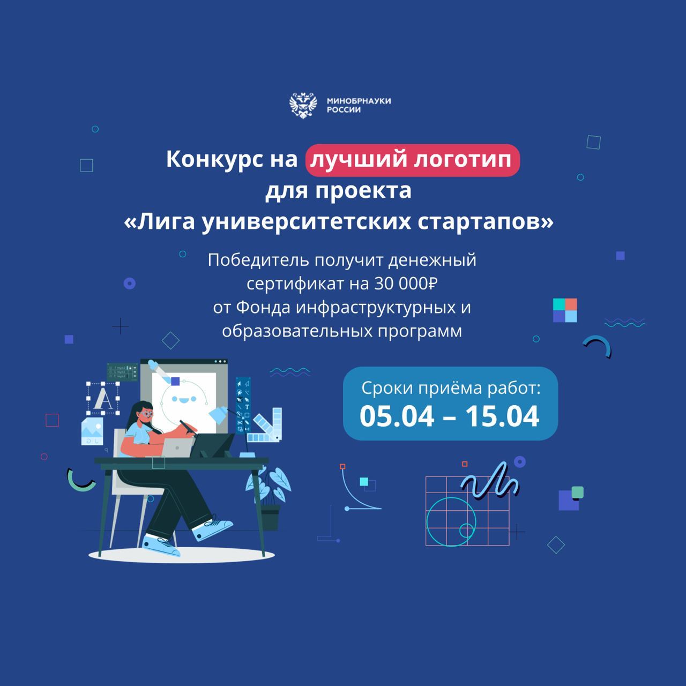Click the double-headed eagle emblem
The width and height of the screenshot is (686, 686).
click(x=303, y=106)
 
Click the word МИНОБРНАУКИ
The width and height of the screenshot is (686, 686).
click(x=359, y=101)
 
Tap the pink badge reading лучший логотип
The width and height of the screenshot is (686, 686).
click(x=412, y=160)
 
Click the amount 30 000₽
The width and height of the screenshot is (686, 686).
click(x=406, y=284)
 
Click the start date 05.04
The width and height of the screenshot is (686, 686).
click(x=397, y=416)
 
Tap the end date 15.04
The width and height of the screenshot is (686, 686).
click(x=502, y=416)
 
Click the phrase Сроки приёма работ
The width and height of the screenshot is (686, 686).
click(x=451, y=388)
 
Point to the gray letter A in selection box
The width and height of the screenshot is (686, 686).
click(x=103, y=399)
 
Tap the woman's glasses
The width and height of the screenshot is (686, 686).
click(x=146, y=414)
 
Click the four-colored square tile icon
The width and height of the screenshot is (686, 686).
click(x=565, y=310)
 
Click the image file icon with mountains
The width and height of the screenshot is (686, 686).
click(x=92, y=431)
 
